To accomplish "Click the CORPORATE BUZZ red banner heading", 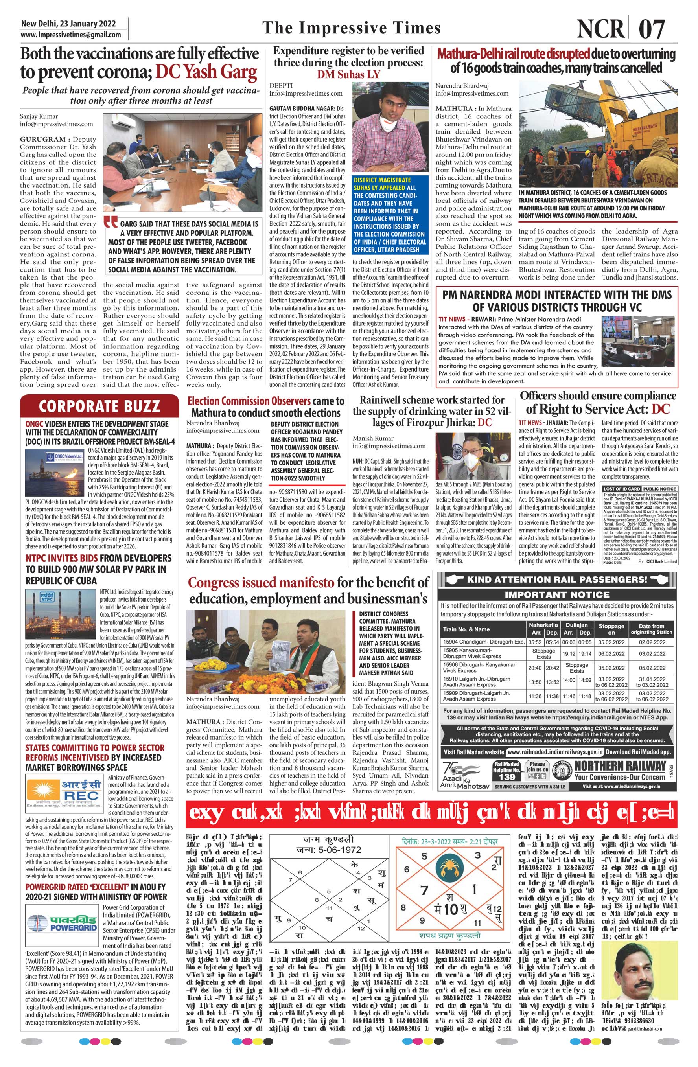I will pyautogui.click(x=99, y=406).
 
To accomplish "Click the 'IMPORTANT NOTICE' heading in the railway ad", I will pyautogui.click(x=557, y=595).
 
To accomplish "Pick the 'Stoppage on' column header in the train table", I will pyautogui.click(x=611, y=629).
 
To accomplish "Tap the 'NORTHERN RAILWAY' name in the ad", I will pyautogui.click(x=620, y=765).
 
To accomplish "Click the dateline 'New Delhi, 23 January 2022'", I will pyautogui.click(x=68, y=24).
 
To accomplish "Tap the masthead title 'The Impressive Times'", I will pyautogui.click(x=352, y=28).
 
